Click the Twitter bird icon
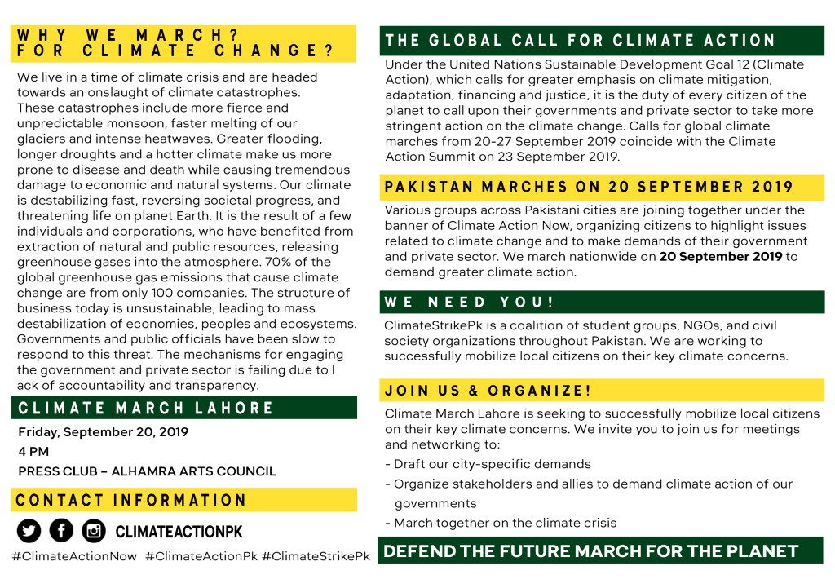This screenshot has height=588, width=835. click(x=29, y=531)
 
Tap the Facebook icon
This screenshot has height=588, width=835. click(x=61, y=531)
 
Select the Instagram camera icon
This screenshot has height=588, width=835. click(x=94, y=531)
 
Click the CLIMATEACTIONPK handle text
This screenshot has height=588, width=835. click(x=179, y=532)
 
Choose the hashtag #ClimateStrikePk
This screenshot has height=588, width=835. click(x=316, y=556)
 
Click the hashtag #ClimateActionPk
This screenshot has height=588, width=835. click(x=201, y=556)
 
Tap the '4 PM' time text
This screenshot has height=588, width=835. click(x=33, y=451)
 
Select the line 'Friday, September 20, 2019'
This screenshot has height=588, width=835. click(x=103, y=432)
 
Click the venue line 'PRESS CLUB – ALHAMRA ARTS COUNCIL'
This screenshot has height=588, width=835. click(x=147, y=471)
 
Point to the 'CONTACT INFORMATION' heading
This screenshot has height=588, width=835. click(x=131, y=500)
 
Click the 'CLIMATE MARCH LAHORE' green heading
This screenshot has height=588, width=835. click(x=146, y=408)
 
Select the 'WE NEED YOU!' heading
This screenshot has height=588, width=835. click(x=469, y=303)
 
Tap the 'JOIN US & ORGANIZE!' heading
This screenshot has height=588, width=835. click(x=488, y=391)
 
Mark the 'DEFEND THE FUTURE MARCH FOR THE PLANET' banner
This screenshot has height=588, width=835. click(x=590, y=551)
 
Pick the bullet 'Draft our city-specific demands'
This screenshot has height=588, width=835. click(x=492, y=464)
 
